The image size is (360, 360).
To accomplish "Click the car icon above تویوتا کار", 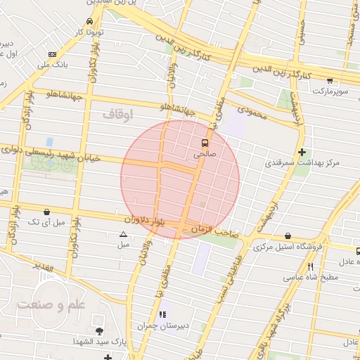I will tap(89, 21).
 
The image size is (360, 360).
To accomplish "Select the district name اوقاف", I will tap(117, 112).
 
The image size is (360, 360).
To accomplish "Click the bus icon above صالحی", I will tap(205, 141).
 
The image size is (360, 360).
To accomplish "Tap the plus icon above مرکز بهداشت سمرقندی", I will tap(302, 152).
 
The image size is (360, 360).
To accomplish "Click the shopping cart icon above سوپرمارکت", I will tap(330, 81).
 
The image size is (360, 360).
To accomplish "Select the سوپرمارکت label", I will tap(330, 91).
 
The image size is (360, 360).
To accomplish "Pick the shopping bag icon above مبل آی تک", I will tap(46, 211).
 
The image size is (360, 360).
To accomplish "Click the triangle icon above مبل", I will tap(124, 235).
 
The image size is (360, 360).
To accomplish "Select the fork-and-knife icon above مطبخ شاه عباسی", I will tap(310, 266).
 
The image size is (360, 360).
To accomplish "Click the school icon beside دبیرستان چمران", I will tap(163, 314).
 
